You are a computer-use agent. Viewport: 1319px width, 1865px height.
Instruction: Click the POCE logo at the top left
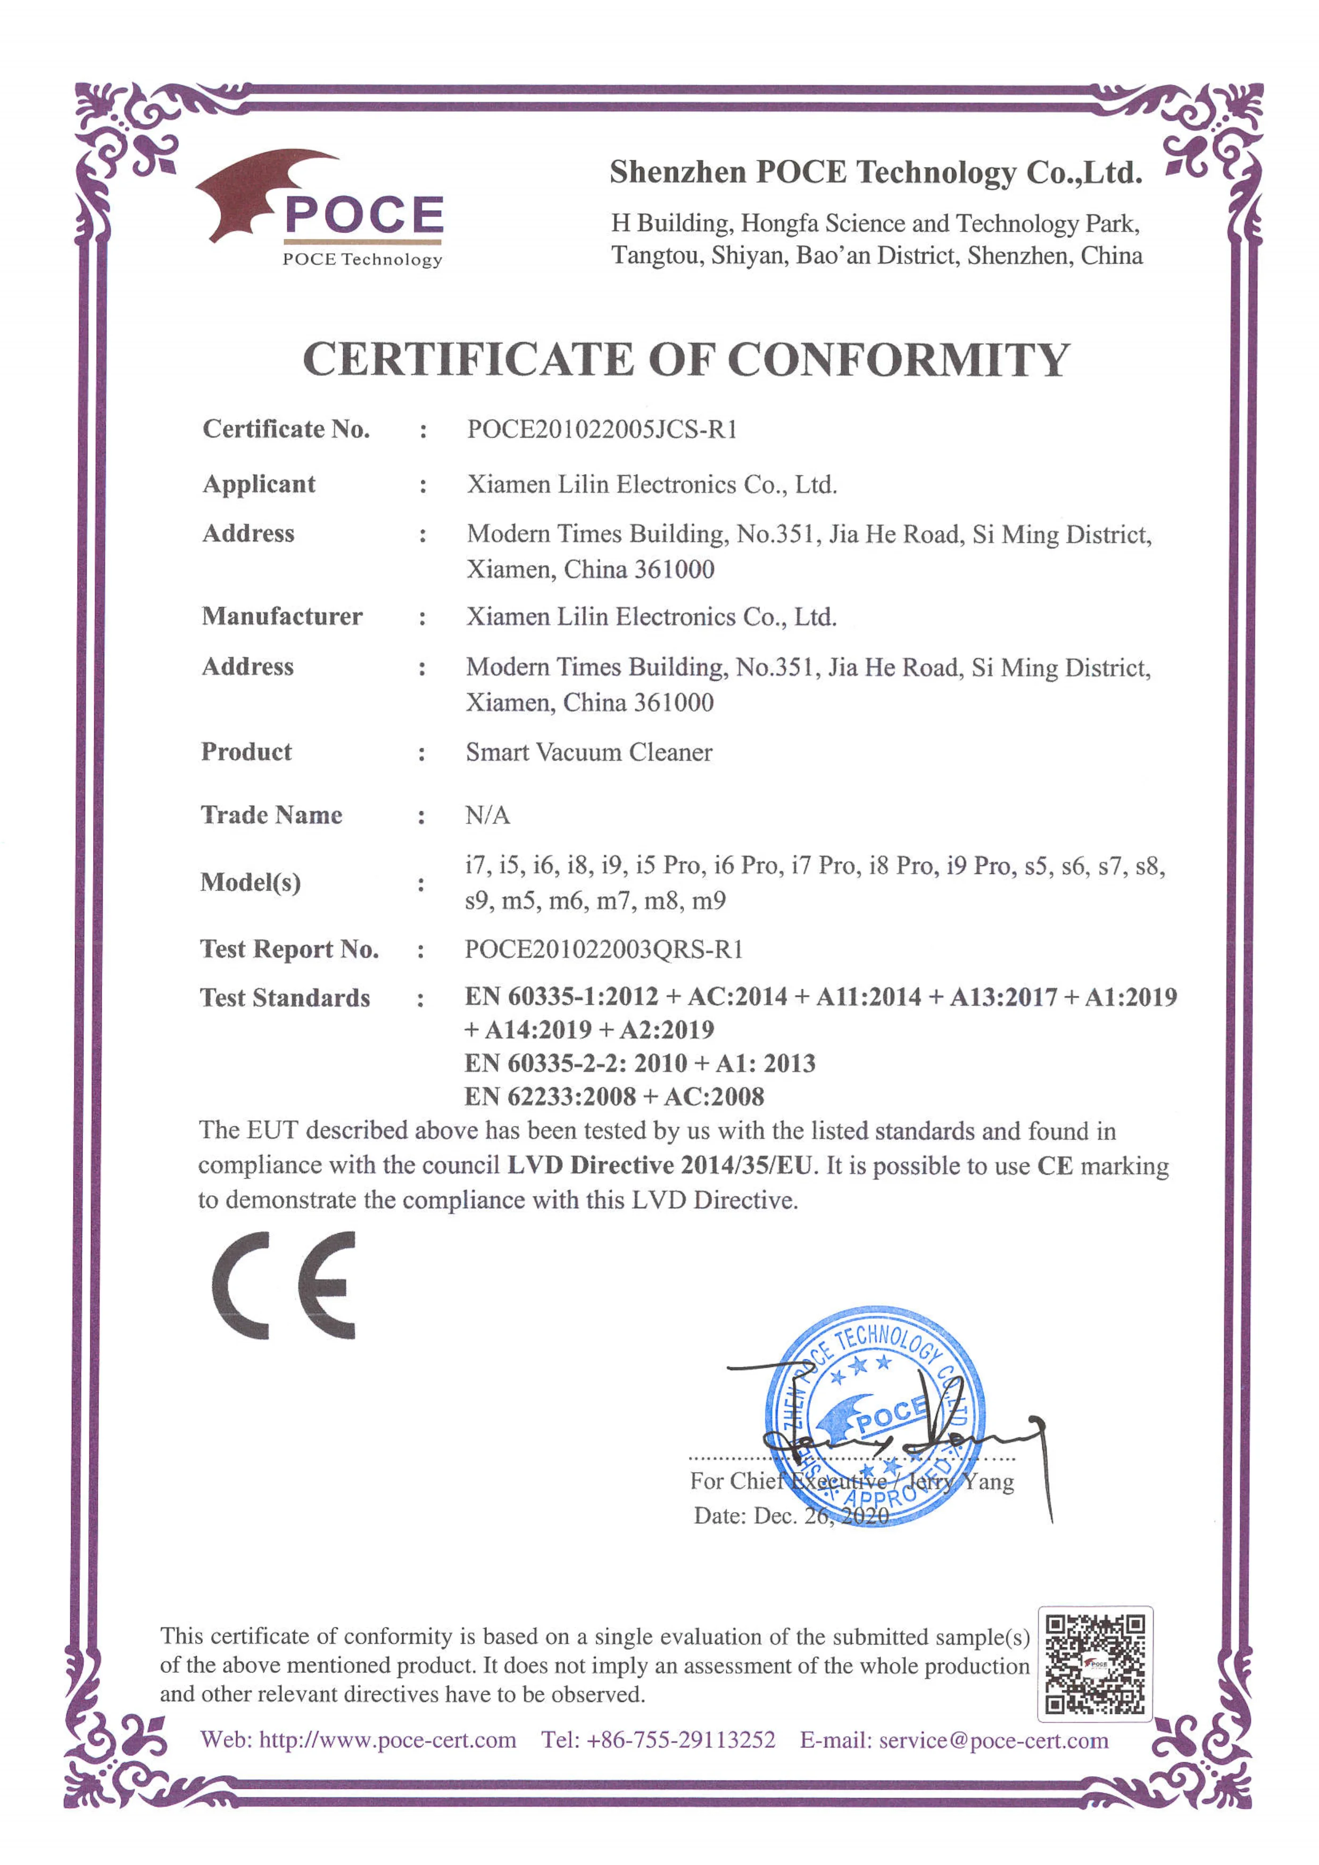321,208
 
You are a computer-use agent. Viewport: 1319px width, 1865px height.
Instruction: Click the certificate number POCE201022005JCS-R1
602,429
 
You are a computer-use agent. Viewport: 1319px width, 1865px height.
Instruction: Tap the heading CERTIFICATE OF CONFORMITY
686,360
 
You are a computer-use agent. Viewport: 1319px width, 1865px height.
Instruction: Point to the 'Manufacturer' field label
282,616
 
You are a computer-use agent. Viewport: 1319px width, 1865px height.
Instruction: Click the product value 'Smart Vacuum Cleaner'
589,752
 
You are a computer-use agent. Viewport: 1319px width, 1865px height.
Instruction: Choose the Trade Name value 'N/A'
487,815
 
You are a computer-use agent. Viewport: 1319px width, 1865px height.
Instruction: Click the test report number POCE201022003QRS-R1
603,949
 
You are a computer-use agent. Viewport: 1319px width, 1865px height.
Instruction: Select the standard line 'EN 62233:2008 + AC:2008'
614,1096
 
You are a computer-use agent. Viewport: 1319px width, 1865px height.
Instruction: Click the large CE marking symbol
284,1286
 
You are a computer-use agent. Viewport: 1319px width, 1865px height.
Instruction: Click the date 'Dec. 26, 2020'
821,1516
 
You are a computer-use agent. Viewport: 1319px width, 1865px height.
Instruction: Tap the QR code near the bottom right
1095,1664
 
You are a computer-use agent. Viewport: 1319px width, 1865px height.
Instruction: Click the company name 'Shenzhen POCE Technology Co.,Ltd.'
876,172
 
